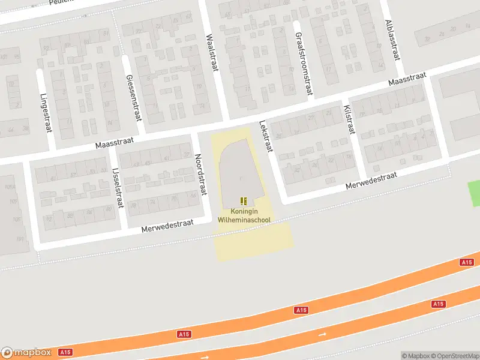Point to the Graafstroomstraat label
point(303,64)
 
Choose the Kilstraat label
point(349,121)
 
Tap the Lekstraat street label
point(265,136)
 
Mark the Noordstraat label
point(200,174)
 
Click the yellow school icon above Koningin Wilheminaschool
point(244,202)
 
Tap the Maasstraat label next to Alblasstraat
point(407,79)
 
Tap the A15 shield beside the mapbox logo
point(66,352)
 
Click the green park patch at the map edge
point(474,194)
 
